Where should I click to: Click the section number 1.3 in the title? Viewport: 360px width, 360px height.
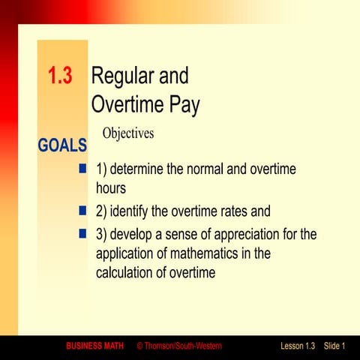pos(60,76)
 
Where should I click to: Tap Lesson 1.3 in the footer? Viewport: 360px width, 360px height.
pos(298,346)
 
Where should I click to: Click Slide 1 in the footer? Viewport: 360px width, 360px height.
pos(334,346)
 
